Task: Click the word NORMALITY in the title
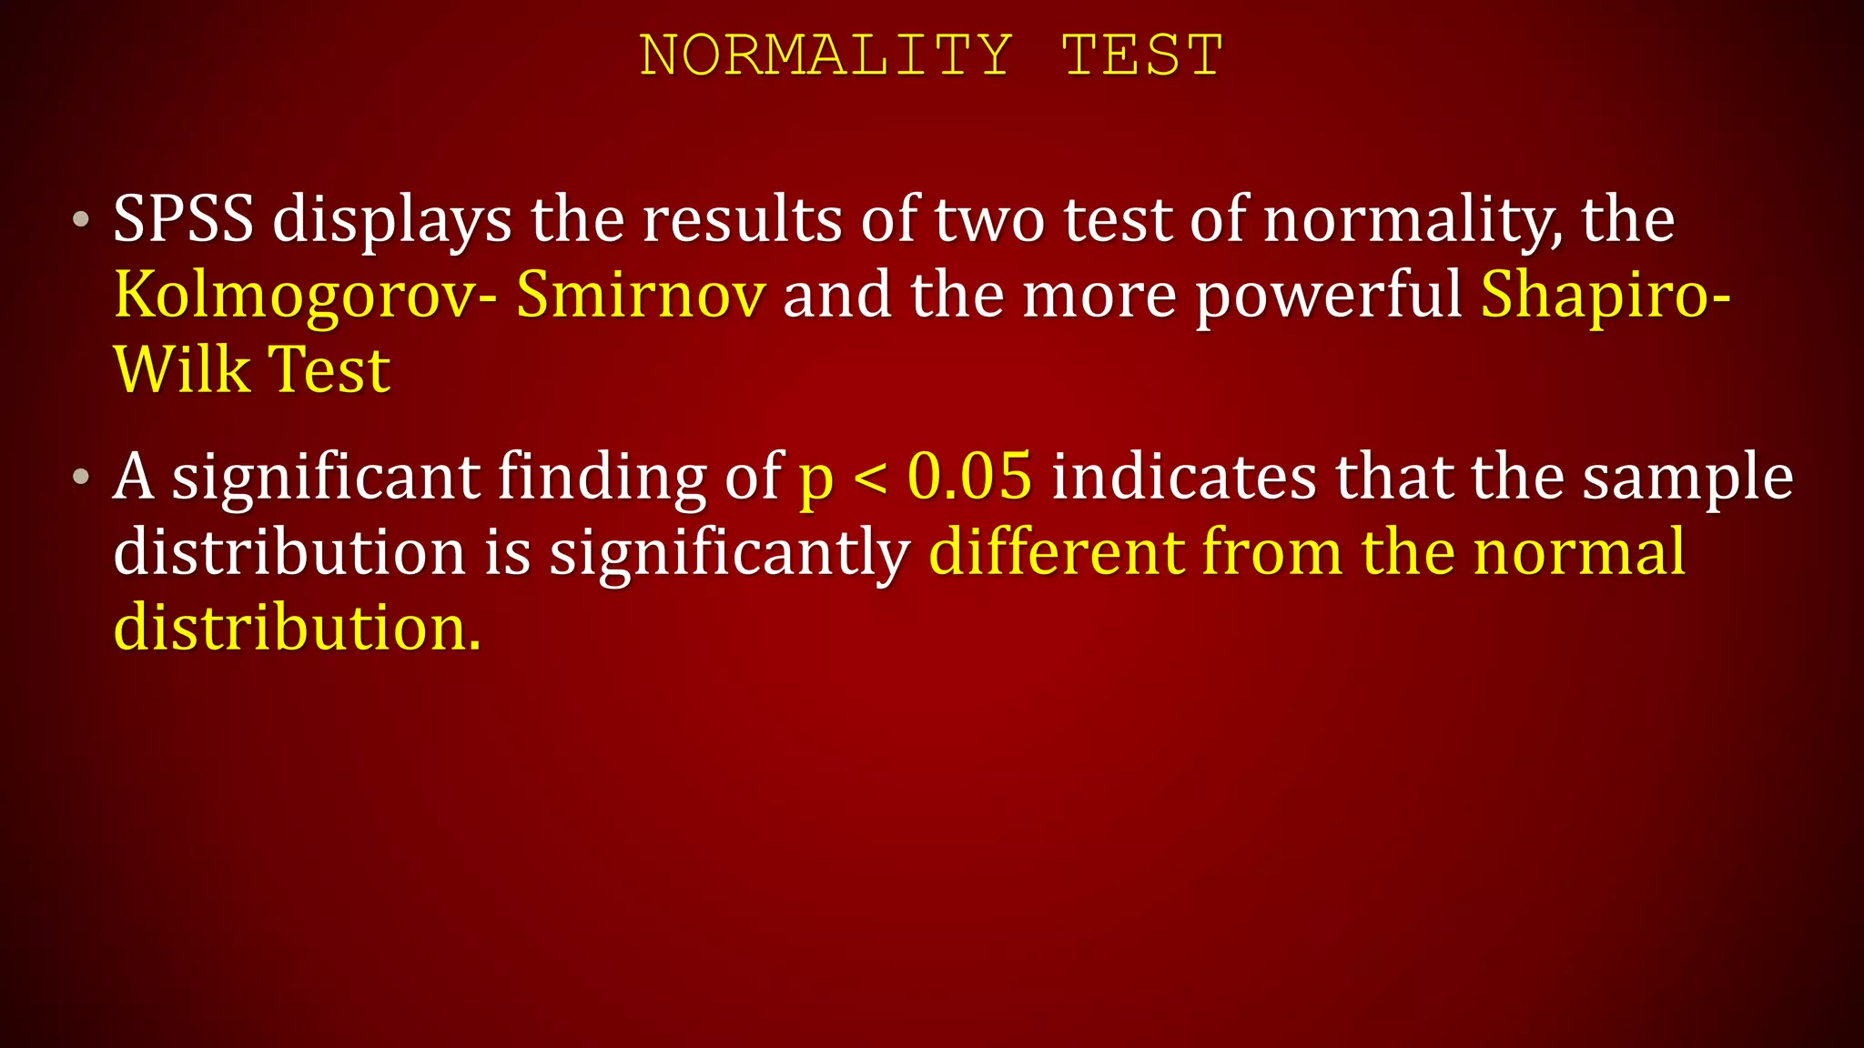pyautogui.click(x=826, y=55)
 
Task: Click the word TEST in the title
pyautogui.click(x=1142, y=55)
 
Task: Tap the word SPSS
pyautogui.click(x=183, y=220)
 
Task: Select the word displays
pyautogui.click(x=391, y=222)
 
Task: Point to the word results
pyautogui.click(x=742, y=220)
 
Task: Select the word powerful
pyautogui.click(x=1328, y=297)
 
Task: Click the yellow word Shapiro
pyautogui.click(x=1596, y=297)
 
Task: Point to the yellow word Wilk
pyautogui.click(x=181, y=370)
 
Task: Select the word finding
pyautogui.click(x=602, y=478)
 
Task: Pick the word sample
pyautogui.click(x=1687, y=479)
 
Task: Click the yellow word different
pyautogui.click(x=1057, y=552)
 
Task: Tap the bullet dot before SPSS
pyautogui.click(x=82, y=220)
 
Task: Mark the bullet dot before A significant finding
pyautogui.click(x=82, y=476)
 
